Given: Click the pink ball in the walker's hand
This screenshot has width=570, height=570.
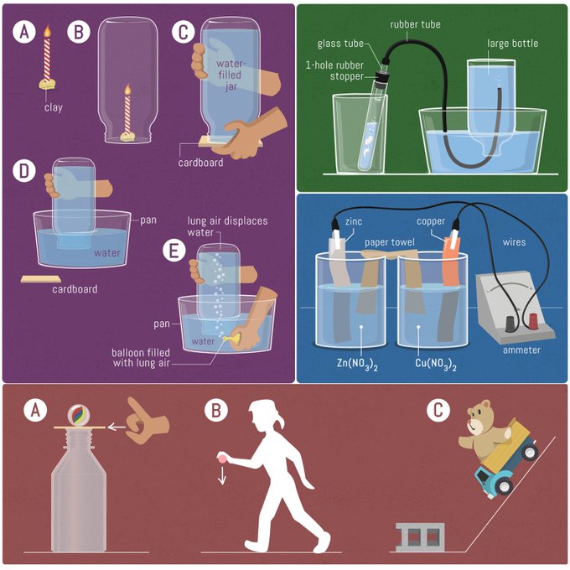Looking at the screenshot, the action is coord(222,458).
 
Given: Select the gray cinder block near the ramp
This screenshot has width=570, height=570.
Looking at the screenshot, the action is coord(420,537).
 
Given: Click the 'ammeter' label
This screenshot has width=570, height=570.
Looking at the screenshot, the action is coord(521,350).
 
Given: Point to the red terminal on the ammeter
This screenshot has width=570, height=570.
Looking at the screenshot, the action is coord(533,320).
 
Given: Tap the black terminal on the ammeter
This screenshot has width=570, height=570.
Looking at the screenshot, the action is coord(510,324).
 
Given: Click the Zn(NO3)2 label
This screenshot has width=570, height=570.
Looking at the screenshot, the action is coord(357,364).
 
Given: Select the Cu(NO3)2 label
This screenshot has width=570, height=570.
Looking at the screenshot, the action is coord(436,364).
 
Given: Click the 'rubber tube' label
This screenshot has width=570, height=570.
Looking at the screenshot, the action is coord(415,24).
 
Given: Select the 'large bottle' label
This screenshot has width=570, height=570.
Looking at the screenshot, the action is coord(512,44).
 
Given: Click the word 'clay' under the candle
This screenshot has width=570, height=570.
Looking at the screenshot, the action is coord(54,107).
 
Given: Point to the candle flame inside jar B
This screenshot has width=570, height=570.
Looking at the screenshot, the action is coord(127,90).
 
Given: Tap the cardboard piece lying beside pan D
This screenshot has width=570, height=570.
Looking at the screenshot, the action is coord(41,279).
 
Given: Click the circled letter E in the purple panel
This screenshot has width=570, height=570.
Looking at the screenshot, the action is coord(174,251).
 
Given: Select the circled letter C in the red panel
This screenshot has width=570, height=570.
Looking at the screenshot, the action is coord(438,410).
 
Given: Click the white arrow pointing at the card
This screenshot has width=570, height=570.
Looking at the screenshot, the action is coord(117,427).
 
